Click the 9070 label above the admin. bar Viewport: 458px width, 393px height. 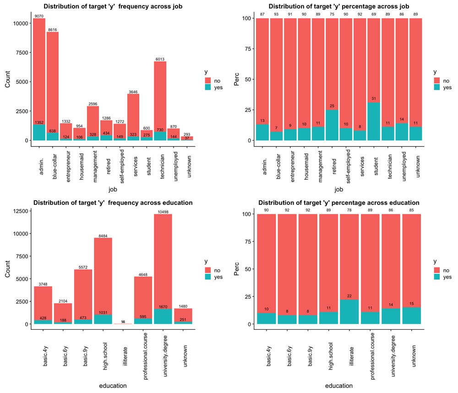(x=39, y=16)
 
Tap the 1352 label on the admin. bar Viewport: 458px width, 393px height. (x=39, y=122)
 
